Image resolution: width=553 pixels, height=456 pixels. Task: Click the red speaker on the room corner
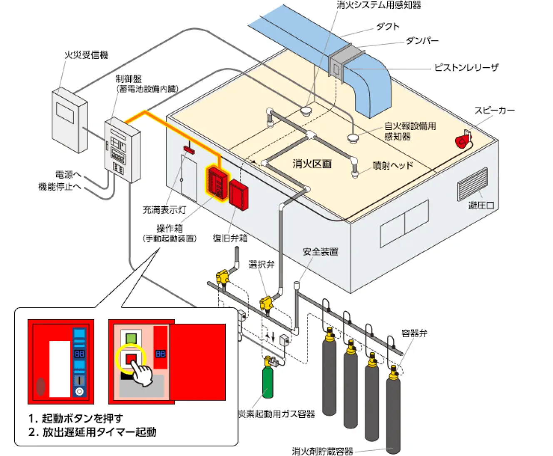(x=463, y=140)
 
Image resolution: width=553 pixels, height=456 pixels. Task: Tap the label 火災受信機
(x=86, y=55)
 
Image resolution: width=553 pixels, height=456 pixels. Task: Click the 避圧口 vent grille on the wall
(x=472, y=184)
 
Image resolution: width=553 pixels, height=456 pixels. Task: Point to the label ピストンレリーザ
(x=466, y=68)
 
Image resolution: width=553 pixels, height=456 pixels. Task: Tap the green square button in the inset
(x=131, y=338)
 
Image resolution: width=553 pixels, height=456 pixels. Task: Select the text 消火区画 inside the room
(x=312, y=164)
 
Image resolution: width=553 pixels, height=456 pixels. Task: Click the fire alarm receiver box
(x=69, y=120)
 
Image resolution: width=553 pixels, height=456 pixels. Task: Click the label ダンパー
(x=422, y=41)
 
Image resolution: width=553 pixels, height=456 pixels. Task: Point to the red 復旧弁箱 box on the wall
(x=239, y=194)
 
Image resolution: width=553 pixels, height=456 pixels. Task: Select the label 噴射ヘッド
(x=393, y=165)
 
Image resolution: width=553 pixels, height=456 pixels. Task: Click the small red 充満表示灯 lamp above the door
(x=189, y=150)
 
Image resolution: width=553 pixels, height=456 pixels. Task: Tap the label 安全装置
(x=320, y=252)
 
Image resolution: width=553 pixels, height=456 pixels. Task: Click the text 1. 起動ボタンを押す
(x=76, y=418)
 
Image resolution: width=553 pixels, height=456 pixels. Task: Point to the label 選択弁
(x=262, y=264)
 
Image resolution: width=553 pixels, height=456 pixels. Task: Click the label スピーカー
(x=494, y=110)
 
